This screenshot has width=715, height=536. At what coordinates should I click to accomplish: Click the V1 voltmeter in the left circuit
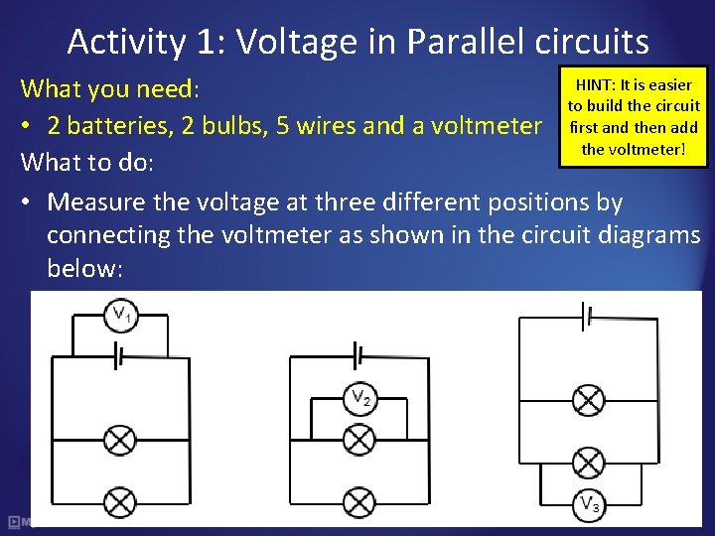click(x=120, y=317)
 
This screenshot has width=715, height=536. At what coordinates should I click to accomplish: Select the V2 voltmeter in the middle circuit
click(x=360, y=399)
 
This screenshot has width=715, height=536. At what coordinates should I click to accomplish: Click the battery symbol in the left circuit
click(x=120, y=355)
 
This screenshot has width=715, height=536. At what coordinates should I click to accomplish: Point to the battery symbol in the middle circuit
click(x=357, y=353)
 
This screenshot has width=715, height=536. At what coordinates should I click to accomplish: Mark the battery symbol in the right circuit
click(x=588, y=316)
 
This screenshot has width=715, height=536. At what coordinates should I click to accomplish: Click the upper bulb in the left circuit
click(x=120, y=439)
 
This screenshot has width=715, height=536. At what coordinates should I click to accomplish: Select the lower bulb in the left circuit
click(x=120, y=499)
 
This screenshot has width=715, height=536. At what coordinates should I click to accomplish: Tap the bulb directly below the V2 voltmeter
click(x=357, y=439)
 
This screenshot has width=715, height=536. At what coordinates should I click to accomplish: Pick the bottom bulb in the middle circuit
click(x=357, y=500)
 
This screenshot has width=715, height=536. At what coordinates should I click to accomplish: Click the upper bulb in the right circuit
click(x=589, y=400)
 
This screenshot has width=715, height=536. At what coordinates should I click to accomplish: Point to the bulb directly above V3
click(x=589, y=463)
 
